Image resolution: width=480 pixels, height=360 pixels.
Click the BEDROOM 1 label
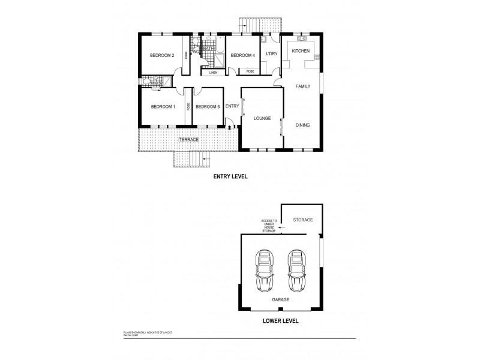pyautogui.click(x=163, y=107)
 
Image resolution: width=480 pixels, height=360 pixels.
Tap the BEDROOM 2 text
pyautogui.click(x=162, y=56)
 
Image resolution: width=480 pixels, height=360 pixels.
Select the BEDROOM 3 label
pyautogui.click(x=208, y=107)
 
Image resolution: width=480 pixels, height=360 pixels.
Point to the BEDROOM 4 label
pyautogui.click(x=243, y=56)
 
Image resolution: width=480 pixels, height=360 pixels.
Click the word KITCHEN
pyautogui.click(x=301, y=51)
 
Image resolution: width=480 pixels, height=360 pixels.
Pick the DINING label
pyautogui.click(x=302, y=125)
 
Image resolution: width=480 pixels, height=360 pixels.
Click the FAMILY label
pyautogui.click(x=302, y=87)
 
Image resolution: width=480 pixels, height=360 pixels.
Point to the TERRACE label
pyautogui.click(x=188, y=139)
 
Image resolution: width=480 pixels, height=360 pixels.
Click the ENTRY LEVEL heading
pyautogui.click(x=231, y=177)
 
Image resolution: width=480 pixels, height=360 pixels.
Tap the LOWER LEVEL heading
pyautogui.click(x=281, y=321)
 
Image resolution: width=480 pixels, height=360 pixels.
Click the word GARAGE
pyautogui.click(x=280, y=299)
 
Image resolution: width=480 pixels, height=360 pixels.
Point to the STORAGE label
pyautogui.click(x=302, y=220)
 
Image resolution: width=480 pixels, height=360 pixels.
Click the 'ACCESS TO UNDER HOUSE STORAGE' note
pyautogui.click(x=268, y=226)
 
